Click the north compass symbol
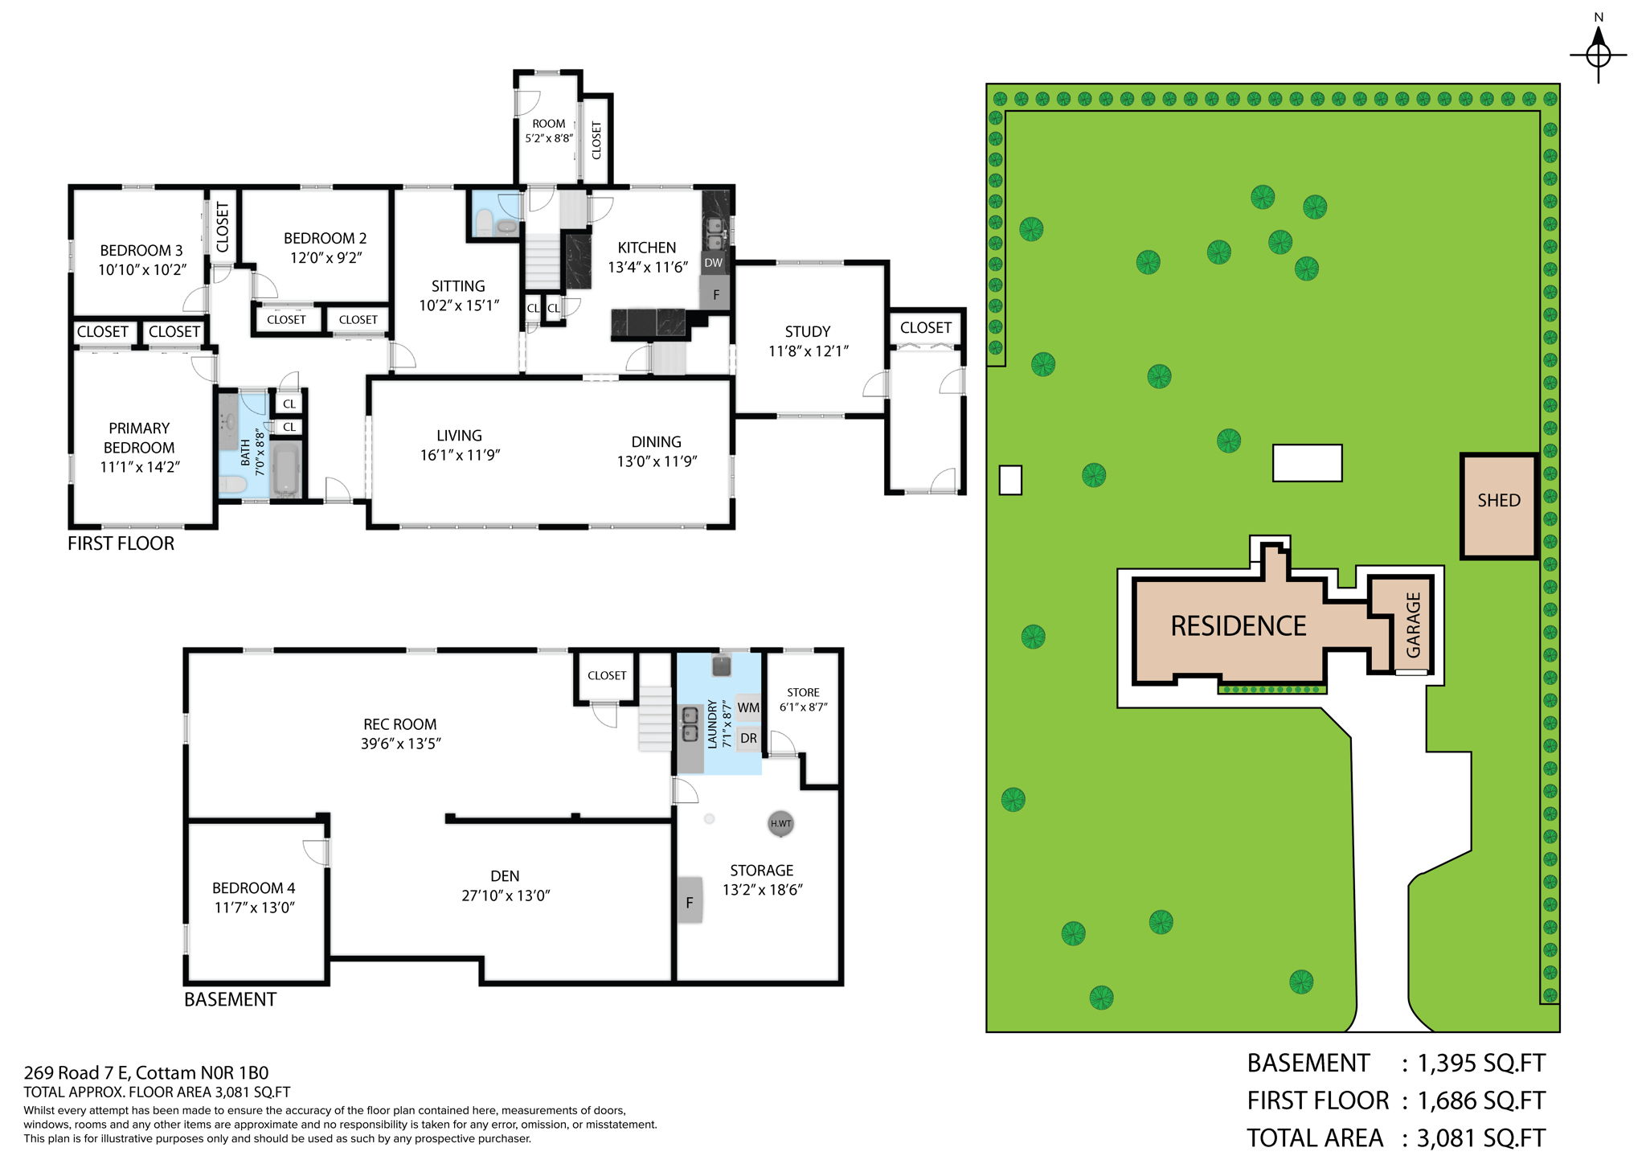[x=1598, y=55]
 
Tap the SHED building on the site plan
[x=1498, y=506]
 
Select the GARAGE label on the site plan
[x=1413, y=625]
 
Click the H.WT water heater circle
[x=780, y=823]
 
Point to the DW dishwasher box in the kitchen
[x=713, y=263]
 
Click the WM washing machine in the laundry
[x=747, y=708]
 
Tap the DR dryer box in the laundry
[x=747, y=738]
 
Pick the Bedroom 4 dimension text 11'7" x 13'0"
[x=254, y=908]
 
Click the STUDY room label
[x=807, y=331]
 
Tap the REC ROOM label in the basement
[x=399, y=724]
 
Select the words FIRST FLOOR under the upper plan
[x=121, y=543]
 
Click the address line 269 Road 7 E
[x=145, y=1072]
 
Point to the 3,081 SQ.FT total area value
[x=1480, y=1138]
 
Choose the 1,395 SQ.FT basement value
[x=1480, y=1064]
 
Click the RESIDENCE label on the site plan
[x=1238, y=626]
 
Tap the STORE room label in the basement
[x=803, y=692]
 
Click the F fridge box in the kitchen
[x=715, y=295]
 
